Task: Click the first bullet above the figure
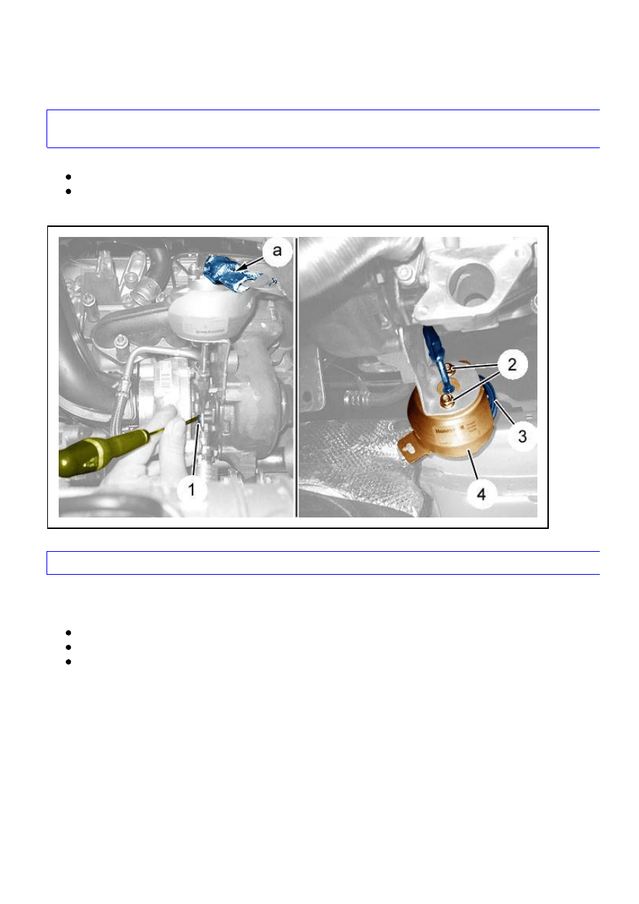[x=67, y=176]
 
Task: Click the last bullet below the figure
[x=67, y=661]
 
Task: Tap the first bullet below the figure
[x=67, y=633]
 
